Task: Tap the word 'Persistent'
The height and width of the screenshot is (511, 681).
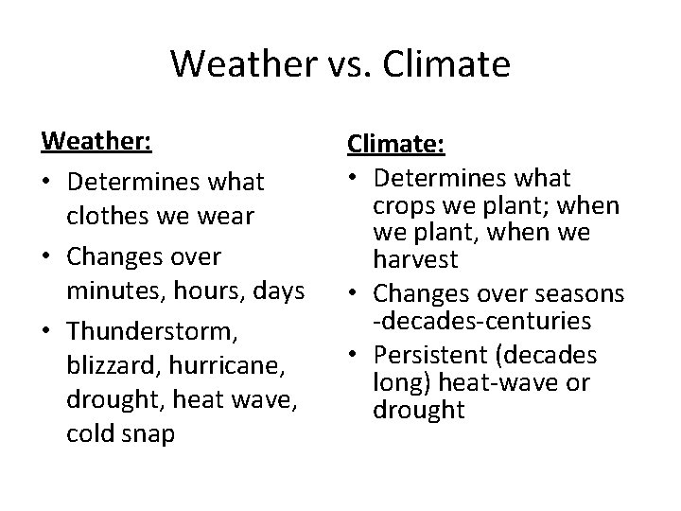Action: pos(438,356)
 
